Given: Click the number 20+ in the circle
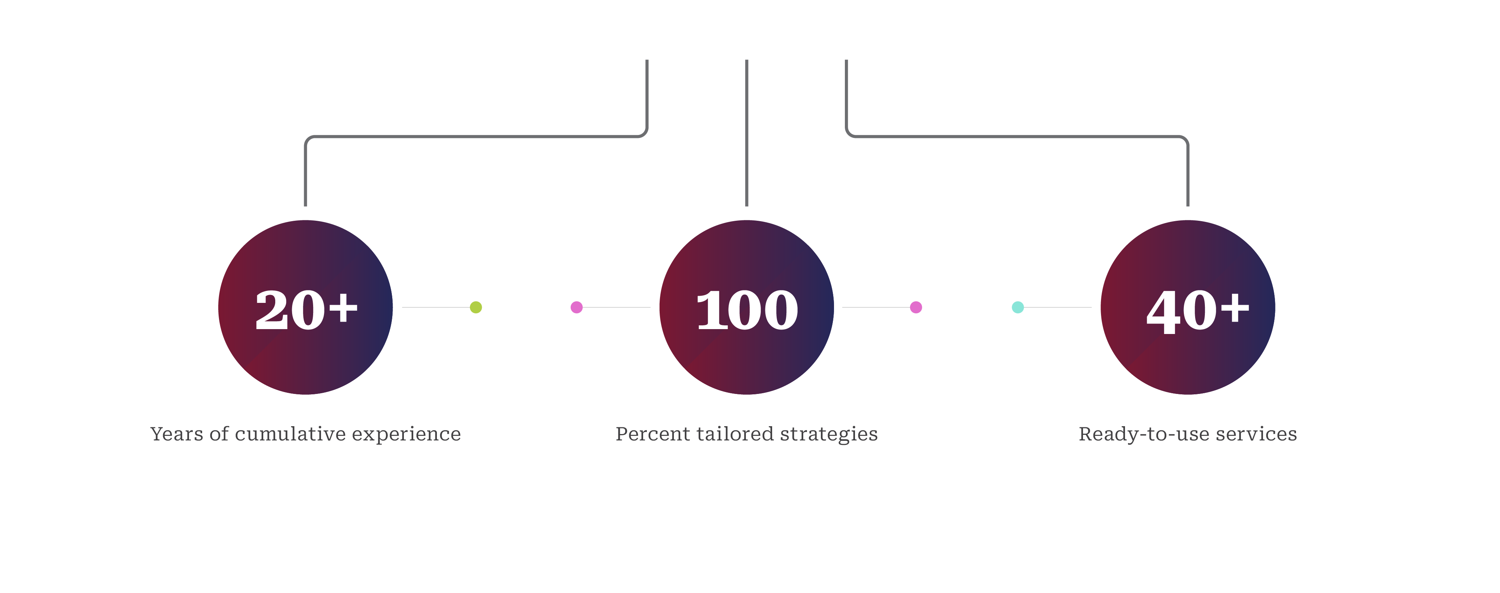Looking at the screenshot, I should point(306,310).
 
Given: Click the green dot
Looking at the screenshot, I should point(476,307).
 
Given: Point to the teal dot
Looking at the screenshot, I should point(1017,307).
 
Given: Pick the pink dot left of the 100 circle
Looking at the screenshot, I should point(576,307).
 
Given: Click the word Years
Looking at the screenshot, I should point(176,434).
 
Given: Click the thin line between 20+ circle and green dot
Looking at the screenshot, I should point(435,307).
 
